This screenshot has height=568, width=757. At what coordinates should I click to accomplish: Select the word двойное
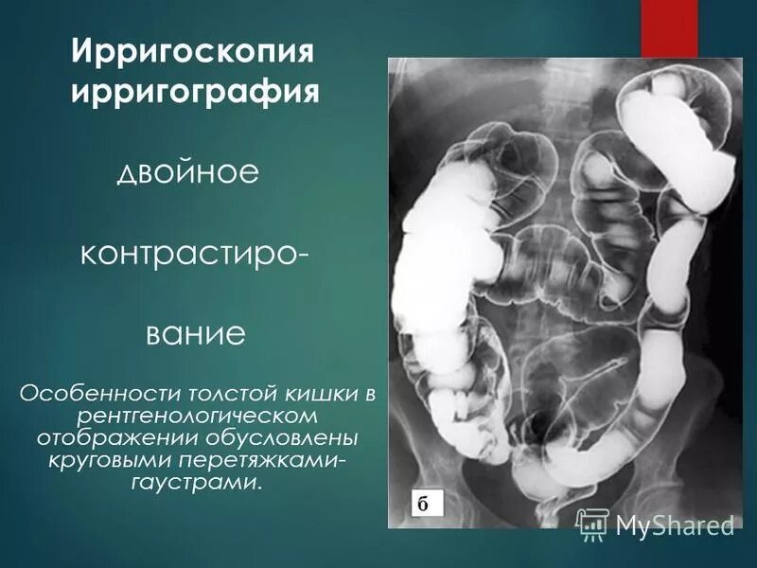187,174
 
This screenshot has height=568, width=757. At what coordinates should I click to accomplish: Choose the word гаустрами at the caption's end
193,484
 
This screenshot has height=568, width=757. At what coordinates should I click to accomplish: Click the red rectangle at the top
670,28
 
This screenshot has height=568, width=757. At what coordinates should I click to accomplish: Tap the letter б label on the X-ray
423,504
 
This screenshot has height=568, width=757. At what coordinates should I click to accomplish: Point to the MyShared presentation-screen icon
592,524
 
